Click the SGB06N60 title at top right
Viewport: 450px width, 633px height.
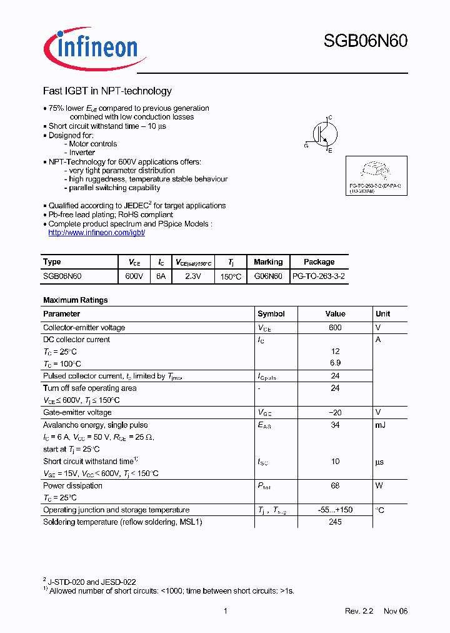click(x=366, y=42)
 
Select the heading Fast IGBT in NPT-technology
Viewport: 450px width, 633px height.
click(x=107, y=91)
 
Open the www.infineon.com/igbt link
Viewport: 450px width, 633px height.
click(x=97, y=233)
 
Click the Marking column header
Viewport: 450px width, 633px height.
click(x=268, y=262)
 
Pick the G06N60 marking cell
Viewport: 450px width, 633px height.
click(x=268, y=276)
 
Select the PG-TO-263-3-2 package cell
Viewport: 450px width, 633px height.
click(x=319, y=276)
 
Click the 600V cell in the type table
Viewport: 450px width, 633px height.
click(x=134, y=276)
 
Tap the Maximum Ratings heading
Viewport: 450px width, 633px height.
click(x=75, y=300)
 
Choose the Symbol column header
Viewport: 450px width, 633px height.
click(x=271, y=314)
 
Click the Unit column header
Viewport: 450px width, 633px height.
click(x=383, y=314)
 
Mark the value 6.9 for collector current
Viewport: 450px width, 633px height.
click(x=335, y=363)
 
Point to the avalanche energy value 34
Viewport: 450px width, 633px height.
click(x=335, y=425)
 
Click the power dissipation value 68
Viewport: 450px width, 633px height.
click(x=335, y=486)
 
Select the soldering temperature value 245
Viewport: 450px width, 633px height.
click(x=335, y=522)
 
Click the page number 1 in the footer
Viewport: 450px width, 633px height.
click(x=225, y=611)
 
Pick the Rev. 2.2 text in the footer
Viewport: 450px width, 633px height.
click(x=359, y=611)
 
